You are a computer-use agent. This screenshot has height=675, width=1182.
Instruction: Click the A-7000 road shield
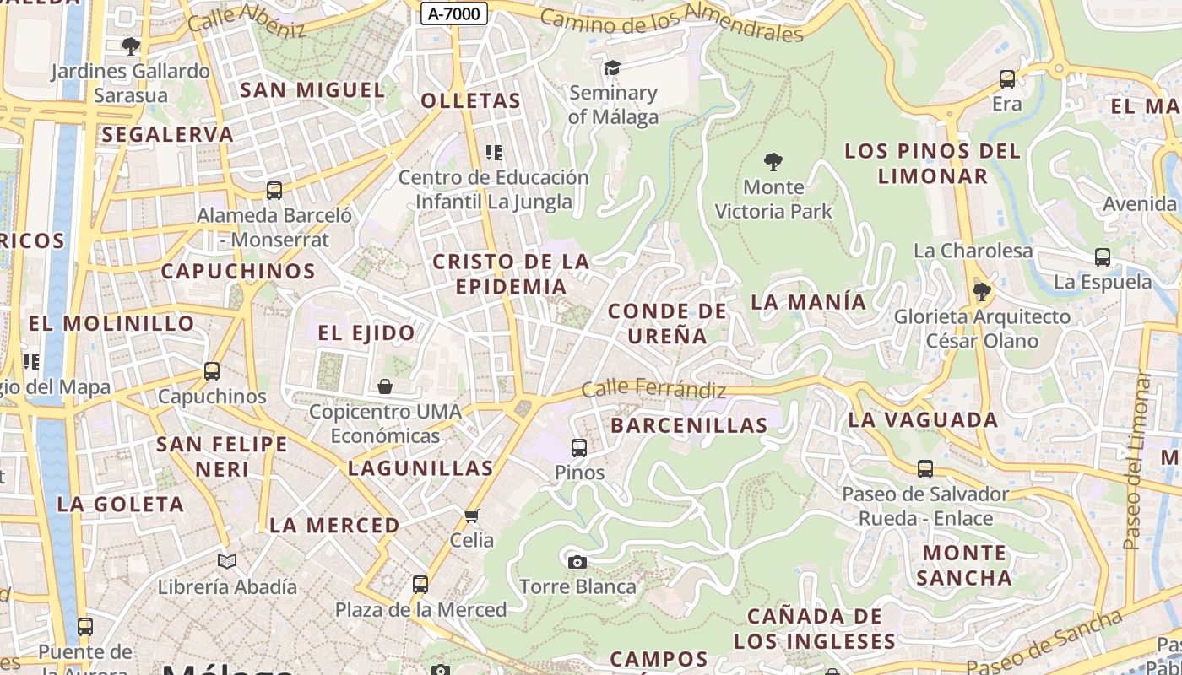click(453, 13)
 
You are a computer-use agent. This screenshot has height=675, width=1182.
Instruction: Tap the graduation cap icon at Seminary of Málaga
click(612, 67)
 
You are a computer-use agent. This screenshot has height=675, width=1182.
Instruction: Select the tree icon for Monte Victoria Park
click(773, 161)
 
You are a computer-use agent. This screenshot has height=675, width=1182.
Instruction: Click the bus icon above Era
click(1006, 79)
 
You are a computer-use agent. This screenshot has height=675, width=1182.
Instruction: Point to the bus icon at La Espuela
click(1102, 257)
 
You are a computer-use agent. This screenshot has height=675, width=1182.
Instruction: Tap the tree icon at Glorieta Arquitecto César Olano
click(981, 292)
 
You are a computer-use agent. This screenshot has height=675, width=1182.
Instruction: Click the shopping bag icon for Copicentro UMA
click(385, 386)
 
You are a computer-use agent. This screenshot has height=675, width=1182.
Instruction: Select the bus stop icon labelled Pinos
click(579, 447)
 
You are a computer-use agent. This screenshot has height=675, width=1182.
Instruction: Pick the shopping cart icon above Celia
click(471, 515)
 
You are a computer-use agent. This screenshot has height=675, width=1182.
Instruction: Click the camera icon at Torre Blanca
click(577, 562)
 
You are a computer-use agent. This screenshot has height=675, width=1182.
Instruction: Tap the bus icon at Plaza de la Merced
click(420, 584)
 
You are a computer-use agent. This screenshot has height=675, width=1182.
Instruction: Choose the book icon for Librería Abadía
click(227, 561)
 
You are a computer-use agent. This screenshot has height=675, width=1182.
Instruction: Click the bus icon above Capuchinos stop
click(212, 371)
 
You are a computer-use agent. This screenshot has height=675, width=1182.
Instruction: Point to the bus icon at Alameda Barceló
click(274, 191)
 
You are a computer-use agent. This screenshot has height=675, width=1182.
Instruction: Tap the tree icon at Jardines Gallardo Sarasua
click(130, 46)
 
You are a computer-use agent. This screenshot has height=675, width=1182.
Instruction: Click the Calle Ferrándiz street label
click(653, 390)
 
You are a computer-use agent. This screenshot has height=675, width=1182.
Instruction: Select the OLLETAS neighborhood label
click(470, 101)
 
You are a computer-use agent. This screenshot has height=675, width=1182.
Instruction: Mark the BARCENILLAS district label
click(689, 425)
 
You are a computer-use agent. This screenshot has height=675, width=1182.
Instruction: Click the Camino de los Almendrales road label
click(671, 24)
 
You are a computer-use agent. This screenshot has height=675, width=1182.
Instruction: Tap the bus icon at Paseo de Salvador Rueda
click(925, 469)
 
